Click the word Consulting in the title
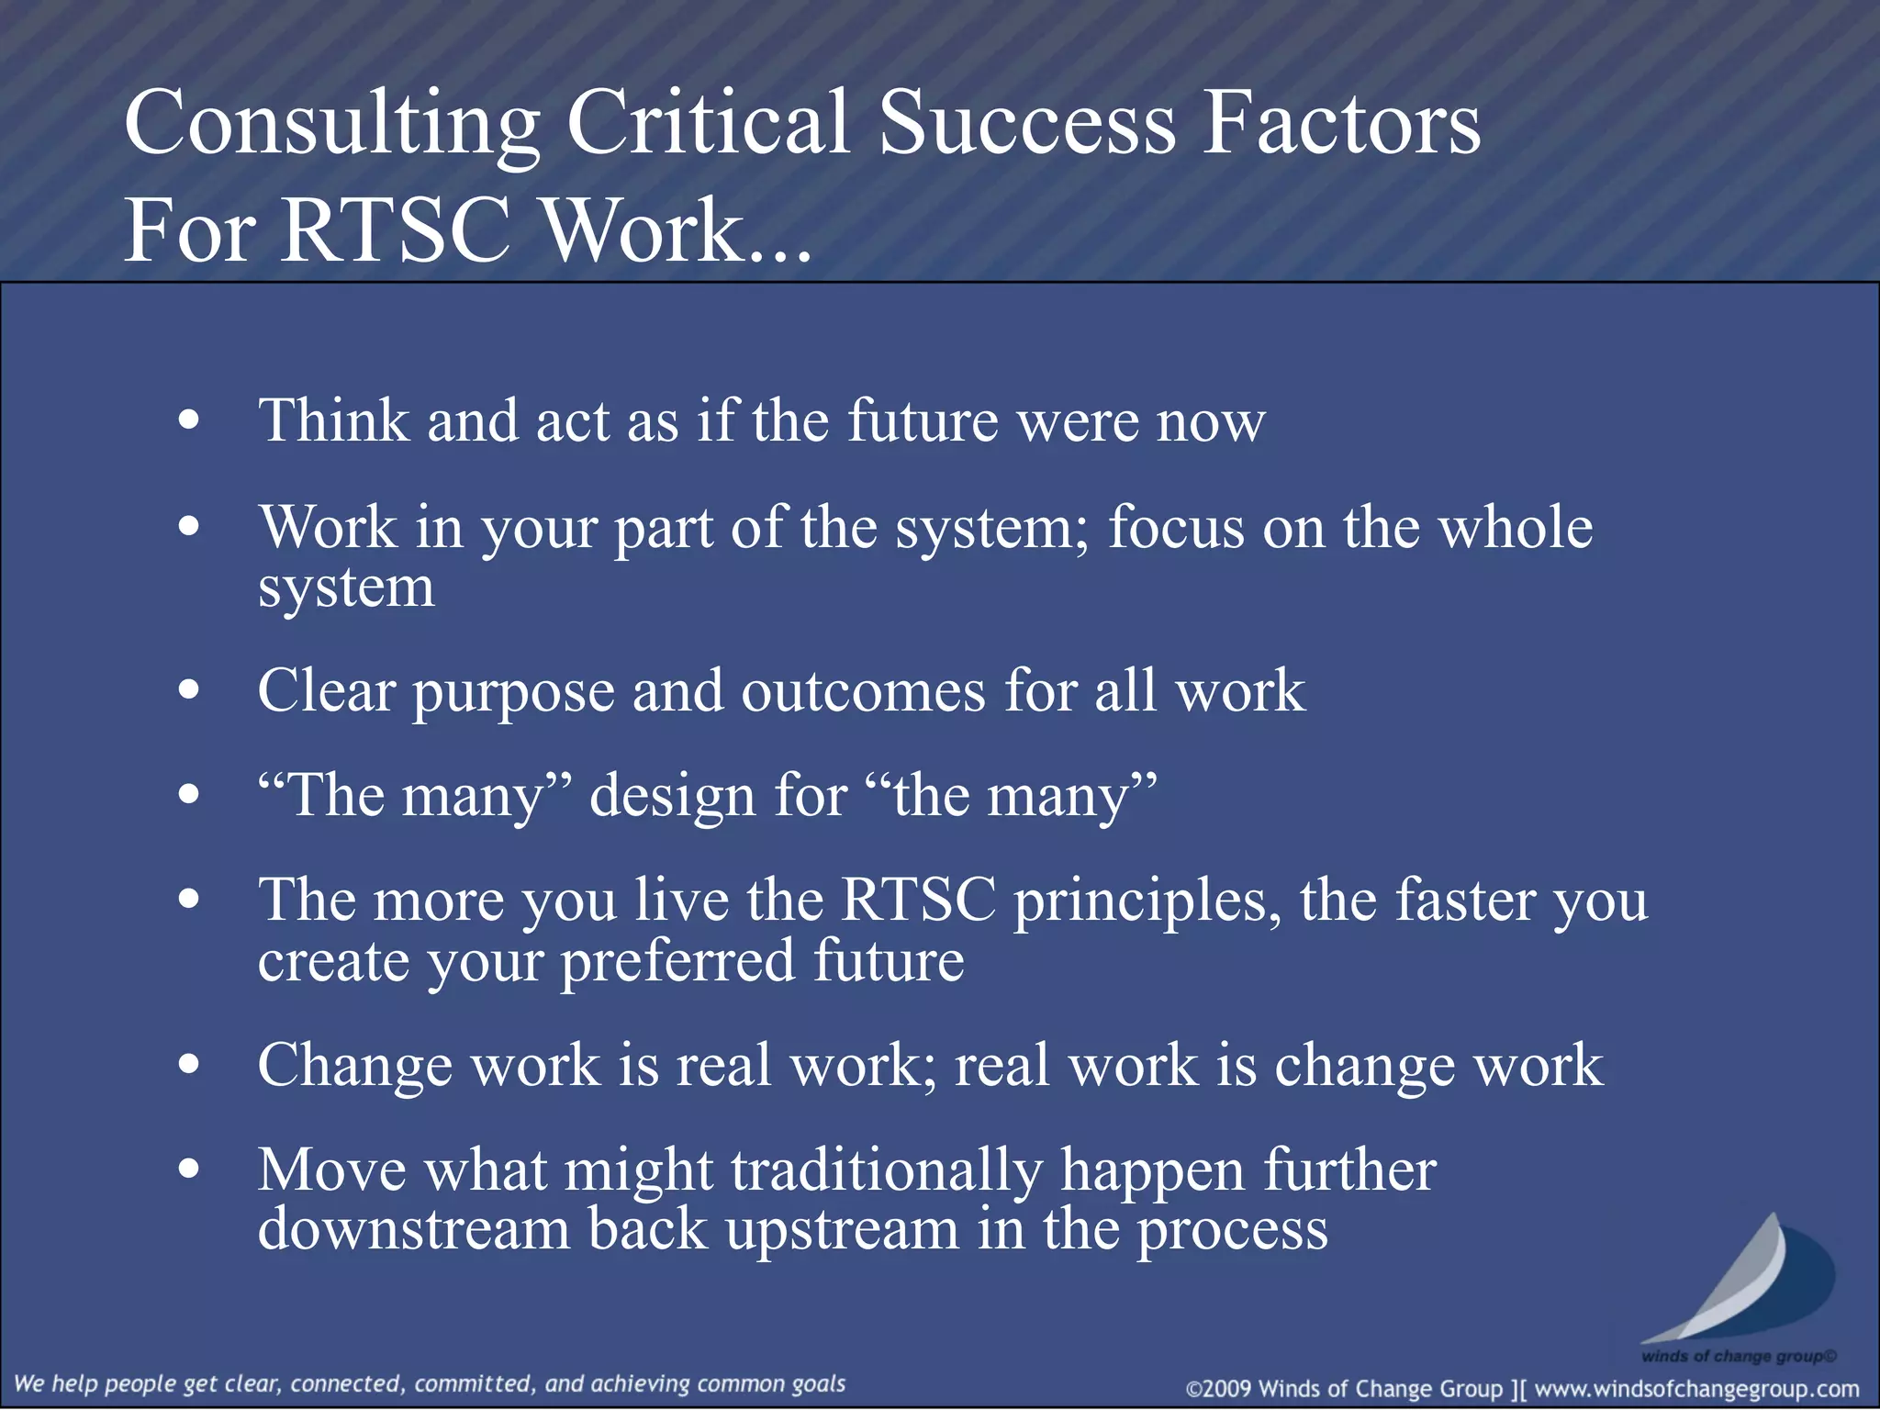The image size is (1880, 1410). coord(330,124)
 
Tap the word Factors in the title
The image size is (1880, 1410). coord(1340,124)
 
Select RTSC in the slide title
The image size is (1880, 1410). coord(395,229)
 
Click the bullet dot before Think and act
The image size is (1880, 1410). coord(189,420)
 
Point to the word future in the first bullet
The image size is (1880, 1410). coord(922,420)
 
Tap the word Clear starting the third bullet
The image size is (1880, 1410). coord(326,690)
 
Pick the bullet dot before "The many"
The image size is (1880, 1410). coord(189,795)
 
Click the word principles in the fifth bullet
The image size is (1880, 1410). coord(1147,901)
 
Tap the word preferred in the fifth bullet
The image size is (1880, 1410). coord(677,962)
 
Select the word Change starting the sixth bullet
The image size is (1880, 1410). coord(354,1067)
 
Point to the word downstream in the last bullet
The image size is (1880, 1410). coord(413,1230)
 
